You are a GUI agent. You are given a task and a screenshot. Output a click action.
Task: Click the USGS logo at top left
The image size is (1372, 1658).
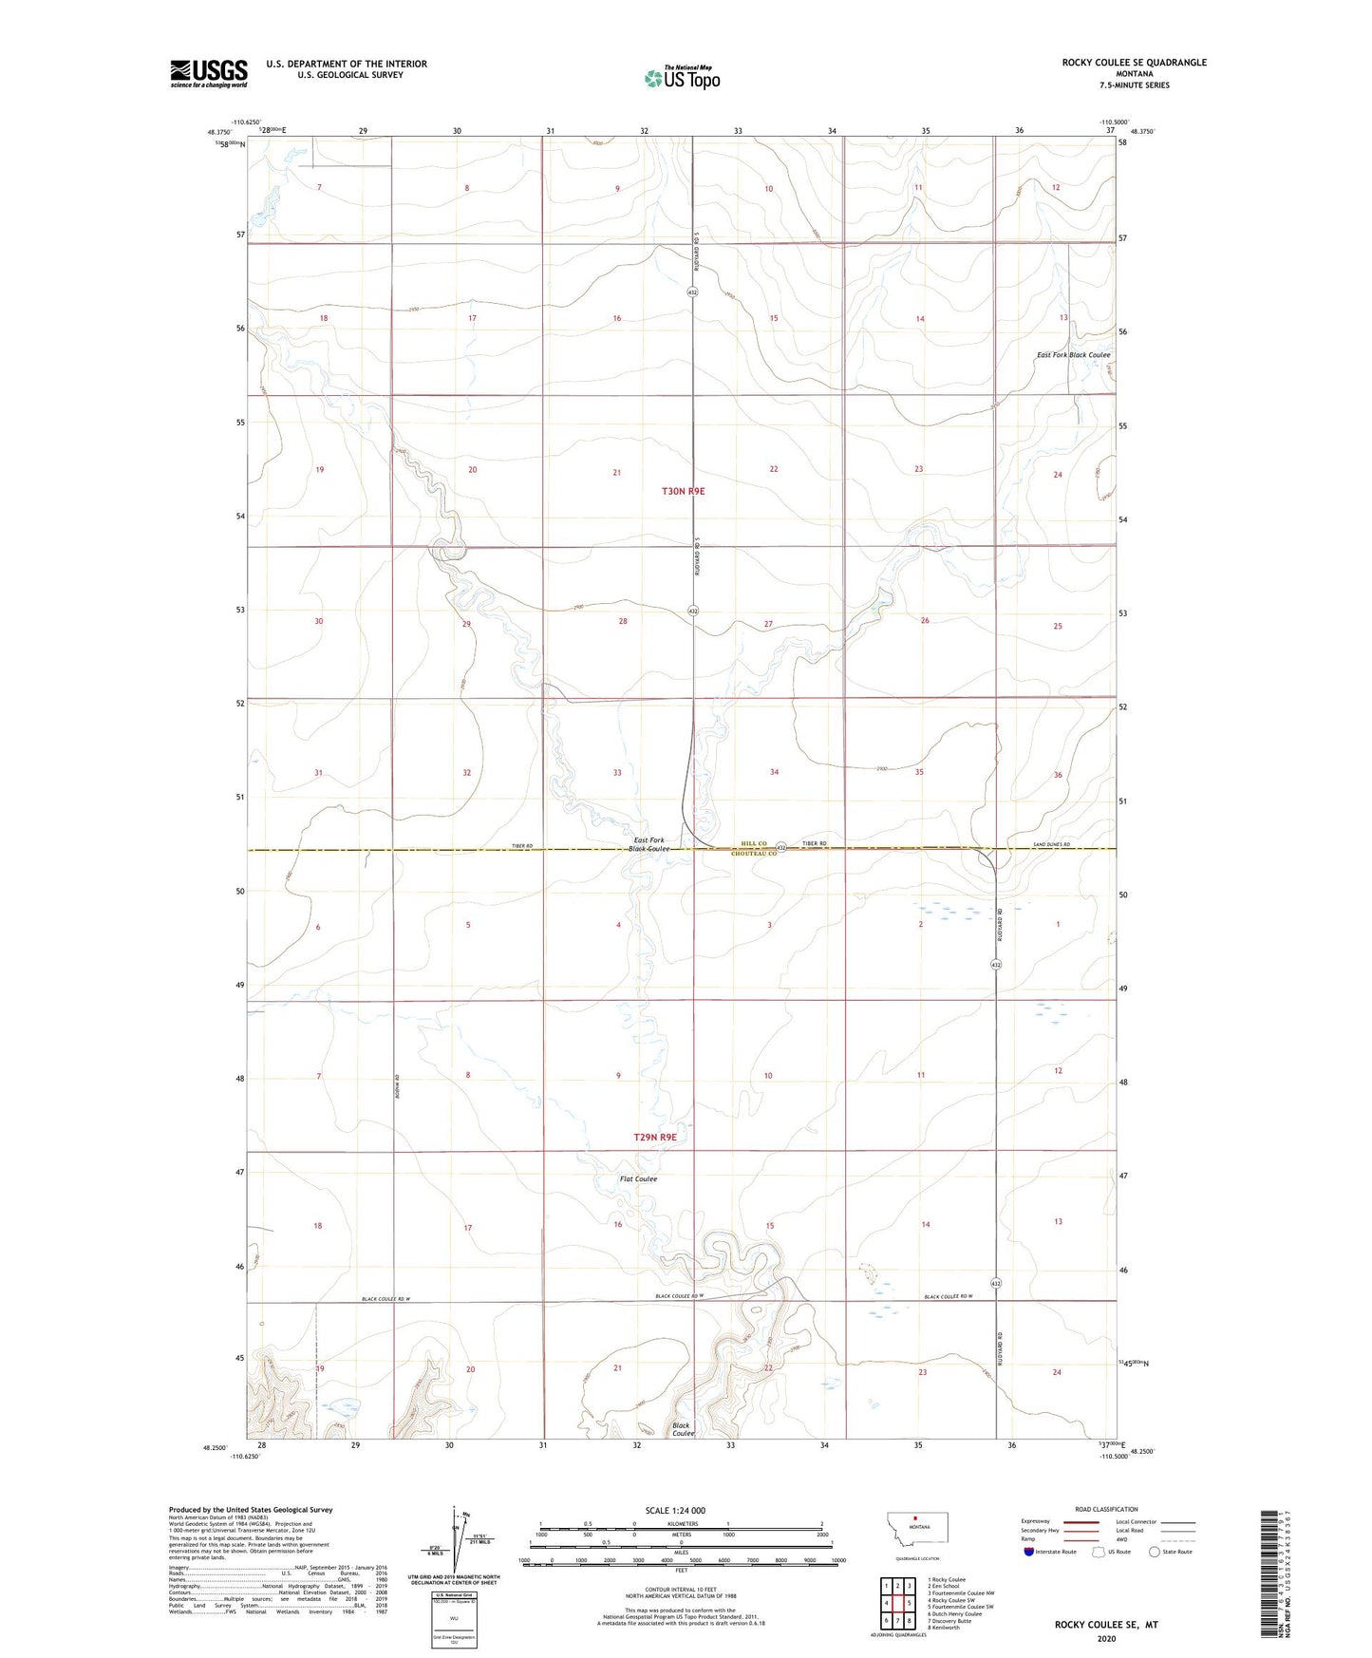pos(208,73)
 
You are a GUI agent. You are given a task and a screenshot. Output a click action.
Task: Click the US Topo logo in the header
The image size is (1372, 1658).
pos(682,78)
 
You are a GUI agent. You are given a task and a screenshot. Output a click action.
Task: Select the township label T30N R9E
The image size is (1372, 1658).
pos(684,491)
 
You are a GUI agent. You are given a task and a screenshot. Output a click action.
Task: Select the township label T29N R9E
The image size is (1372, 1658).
pos(655,1137)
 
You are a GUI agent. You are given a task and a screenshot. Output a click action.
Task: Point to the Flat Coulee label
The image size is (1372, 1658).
pos(638,1178)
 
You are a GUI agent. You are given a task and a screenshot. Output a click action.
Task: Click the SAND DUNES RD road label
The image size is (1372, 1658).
pos(1051,844)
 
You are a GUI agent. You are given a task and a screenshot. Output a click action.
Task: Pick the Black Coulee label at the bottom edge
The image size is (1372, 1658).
pos(682,1429)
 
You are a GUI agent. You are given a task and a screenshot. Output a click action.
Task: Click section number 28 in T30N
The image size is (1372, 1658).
pos(623,621)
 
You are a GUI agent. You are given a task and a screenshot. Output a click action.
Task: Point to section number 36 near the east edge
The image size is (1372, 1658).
pos(1058,775)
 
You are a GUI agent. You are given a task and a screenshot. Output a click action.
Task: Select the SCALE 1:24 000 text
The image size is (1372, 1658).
pos(674,1510)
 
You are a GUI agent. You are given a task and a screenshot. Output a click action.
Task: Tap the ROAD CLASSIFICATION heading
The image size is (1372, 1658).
pos(1106,1509)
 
